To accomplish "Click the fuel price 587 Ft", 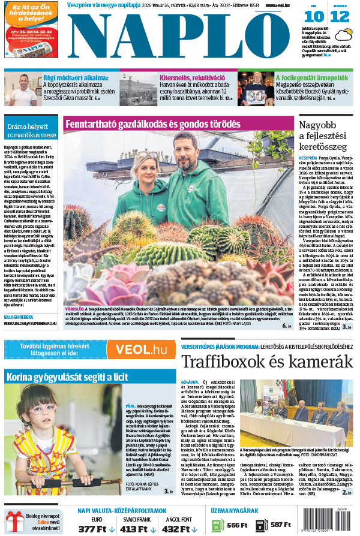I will point(281,525).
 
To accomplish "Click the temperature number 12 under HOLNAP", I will point(340,17).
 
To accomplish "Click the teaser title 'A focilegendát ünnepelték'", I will point(311,77).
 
